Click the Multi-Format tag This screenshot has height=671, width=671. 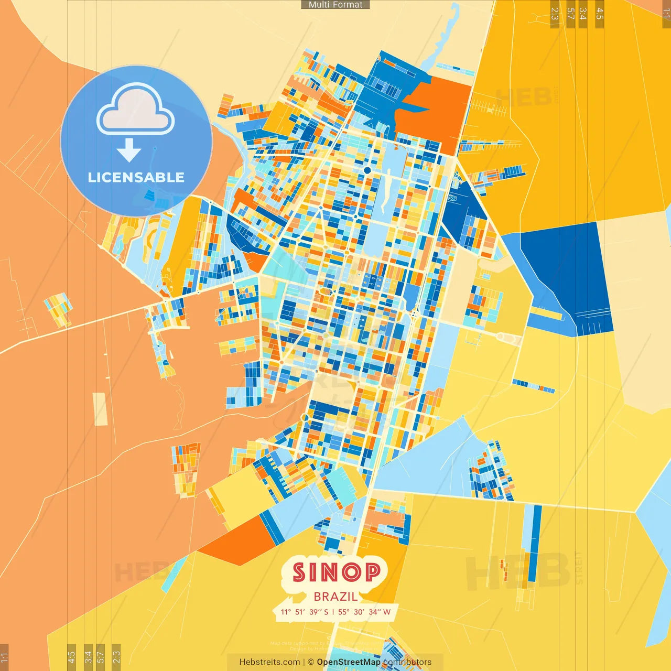tap(335, 5)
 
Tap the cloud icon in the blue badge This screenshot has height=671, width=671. tap(136, 111)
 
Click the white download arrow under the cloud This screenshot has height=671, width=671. tap(129, 150)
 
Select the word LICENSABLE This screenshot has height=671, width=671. tap(136, 178)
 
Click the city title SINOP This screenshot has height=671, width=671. tap(336, 572)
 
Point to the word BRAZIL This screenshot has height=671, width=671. tap(335, 597)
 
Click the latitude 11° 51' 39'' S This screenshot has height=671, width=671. tap(305, 612)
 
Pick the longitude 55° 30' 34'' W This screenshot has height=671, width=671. tap(364, 612)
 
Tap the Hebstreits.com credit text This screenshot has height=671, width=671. tap(269, 662)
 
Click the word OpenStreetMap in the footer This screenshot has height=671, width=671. tap(349, 662)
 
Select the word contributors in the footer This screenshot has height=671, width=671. tap(407, 662)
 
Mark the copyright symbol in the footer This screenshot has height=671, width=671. tap(311, 662)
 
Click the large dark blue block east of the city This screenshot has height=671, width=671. tap(569, 273)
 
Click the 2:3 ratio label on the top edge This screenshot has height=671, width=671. tap(555, 14)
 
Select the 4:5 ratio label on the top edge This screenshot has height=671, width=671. tap(600, 14)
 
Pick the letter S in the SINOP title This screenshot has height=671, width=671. tap(298, 572)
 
